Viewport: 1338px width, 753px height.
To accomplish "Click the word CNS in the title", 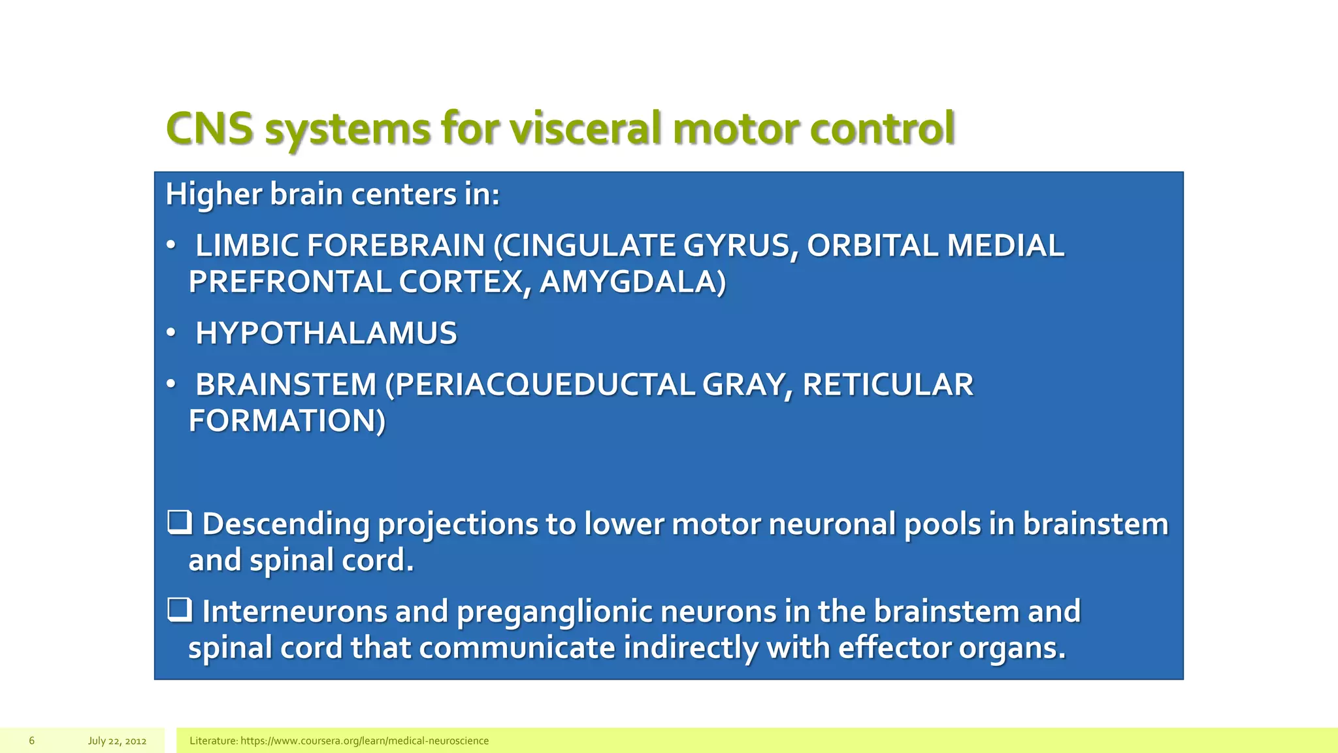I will [209, 128].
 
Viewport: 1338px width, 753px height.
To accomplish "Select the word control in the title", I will [882, 128].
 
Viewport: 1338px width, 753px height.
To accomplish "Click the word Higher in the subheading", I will [213, 195].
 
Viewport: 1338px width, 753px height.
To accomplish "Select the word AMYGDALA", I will [632, 282].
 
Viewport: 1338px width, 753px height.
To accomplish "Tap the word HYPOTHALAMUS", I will [326, 333].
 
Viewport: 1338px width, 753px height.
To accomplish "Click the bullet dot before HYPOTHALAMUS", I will [171, 333].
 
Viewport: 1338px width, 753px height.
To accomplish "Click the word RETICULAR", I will [887, 384].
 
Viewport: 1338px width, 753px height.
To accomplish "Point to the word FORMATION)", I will [287, 420].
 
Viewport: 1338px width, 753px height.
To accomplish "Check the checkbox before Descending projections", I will [179, 522].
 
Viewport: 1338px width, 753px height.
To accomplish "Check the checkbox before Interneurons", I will [179, 610].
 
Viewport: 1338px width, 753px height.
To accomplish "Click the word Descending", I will [286, 524].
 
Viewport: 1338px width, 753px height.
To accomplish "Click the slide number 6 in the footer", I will [31, 741].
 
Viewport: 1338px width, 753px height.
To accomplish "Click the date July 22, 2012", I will [117, 741].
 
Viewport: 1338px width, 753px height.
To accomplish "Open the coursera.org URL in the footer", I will [365, 741].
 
